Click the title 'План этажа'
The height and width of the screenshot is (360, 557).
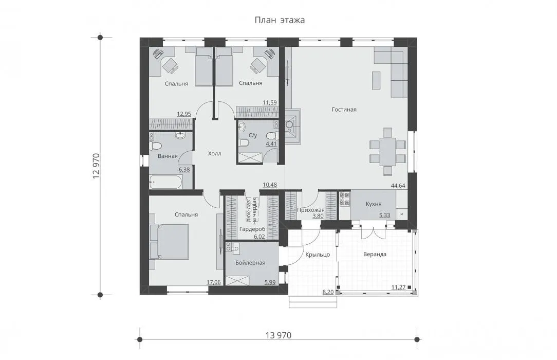(x=280, y=20)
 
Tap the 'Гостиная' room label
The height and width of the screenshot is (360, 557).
(x=344, y=110)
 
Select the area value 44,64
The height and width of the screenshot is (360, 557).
(x=398, y=186)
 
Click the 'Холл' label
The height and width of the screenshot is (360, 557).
(x=215, y=154)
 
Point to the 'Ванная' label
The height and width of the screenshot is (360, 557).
(x=168, y=156)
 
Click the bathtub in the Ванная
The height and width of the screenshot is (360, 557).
(x=165, y=182)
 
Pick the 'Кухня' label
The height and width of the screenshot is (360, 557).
(x=374, y=204)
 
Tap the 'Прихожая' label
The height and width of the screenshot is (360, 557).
(x=311, y=210)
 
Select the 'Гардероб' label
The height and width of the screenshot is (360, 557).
(x=252, y=229)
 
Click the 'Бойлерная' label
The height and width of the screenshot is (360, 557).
(x=250, y=263)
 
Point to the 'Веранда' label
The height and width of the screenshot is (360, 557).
(x=375, y=255)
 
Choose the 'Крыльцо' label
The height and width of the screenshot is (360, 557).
(x=318, y=255)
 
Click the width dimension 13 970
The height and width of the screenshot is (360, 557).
(x=278, y=335)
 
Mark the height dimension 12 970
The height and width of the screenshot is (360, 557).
(x=96, y=166)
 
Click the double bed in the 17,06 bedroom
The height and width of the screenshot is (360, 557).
(x=169, y=242)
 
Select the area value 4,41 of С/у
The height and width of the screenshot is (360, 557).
(x=271, y=144)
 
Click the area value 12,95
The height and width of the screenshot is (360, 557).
(x=184, y=114)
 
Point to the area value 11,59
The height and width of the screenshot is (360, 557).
(x=270, y=103)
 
